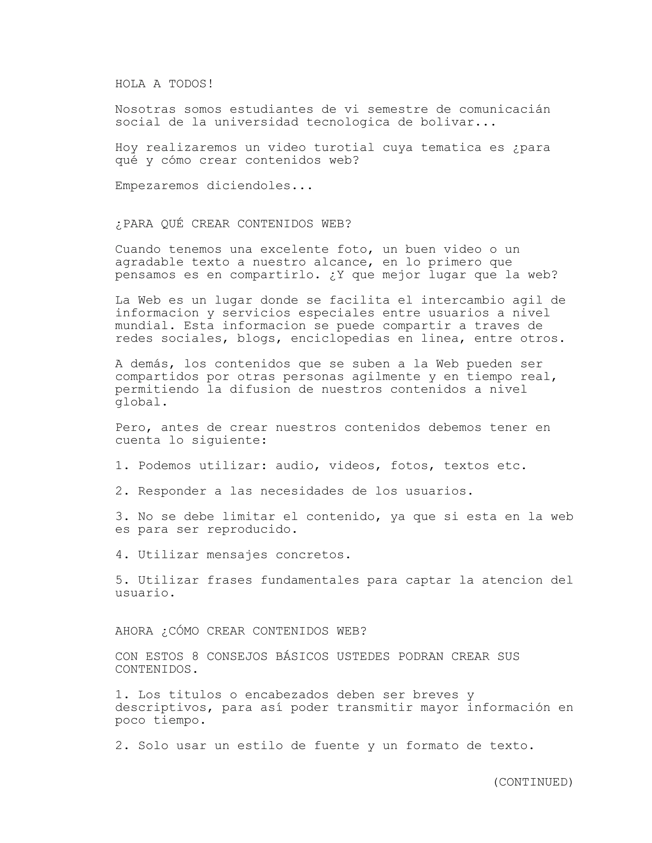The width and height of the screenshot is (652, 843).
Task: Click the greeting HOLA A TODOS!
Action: [164, 84]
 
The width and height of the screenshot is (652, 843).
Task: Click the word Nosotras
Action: [145, 109]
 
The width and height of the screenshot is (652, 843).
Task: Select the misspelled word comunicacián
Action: [505, 109]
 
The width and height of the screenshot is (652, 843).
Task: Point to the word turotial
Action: [344, 148]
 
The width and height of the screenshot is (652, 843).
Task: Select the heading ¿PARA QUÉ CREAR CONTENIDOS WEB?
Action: [233, 224]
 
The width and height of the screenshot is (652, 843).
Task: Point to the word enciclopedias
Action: [340, 338]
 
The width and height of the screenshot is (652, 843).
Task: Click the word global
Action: [141, 402]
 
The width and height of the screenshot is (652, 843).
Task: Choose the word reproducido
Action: [252, 530]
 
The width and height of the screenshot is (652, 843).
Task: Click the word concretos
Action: [313, 555]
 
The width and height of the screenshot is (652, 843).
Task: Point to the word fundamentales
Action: [310, 581]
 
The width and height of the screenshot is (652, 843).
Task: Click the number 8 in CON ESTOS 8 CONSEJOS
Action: [195, 657]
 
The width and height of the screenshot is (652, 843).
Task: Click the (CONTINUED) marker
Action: [533, 782]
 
